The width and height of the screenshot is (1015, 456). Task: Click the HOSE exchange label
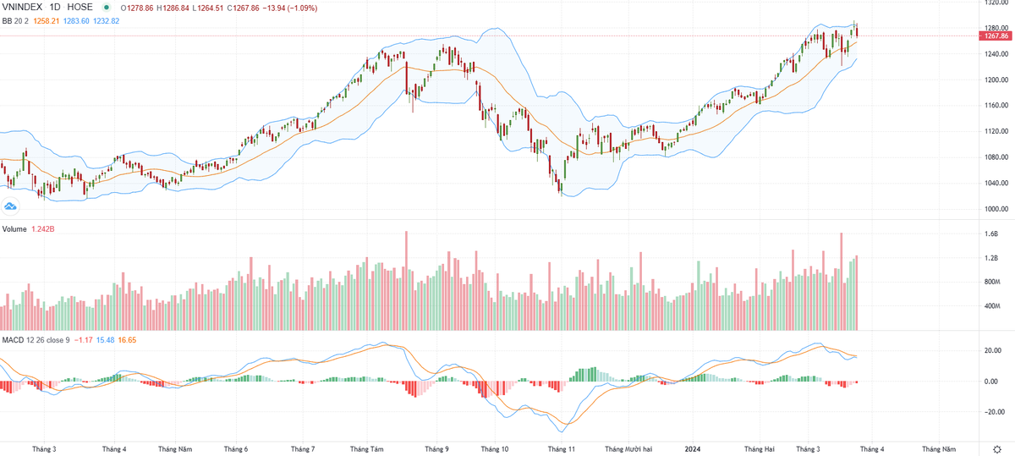pos(79,8)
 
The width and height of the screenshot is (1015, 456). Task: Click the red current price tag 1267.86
pos(997,36)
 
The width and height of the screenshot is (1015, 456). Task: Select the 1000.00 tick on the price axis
pos(996,209)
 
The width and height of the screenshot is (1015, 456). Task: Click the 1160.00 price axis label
pos(996,106)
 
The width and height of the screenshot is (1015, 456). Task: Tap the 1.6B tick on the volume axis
pos(992,235)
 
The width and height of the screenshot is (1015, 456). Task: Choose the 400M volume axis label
pos(993,306)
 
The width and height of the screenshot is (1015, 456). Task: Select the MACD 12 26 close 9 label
pos(35,340)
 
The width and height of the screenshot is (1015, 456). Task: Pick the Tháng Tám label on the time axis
pos(367,449)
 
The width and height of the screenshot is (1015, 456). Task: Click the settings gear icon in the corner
pos(996,448)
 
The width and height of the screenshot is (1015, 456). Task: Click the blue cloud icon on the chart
pos(11,206)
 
